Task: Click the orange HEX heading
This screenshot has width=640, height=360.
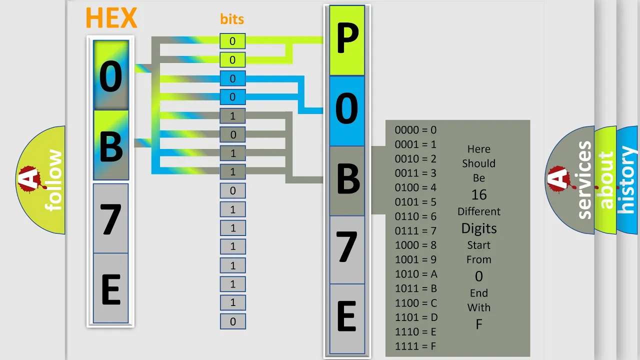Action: pos(111,17)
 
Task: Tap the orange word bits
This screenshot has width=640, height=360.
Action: pos(232,19)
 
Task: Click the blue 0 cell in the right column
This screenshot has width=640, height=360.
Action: pos(347,110)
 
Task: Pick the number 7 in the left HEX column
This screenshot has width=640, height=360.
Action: pos(111,218)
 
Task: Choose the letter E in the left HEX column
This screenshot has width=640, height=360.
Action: pos(111,288)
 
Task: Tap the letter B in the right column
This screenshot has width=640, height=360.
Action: pos(347,180)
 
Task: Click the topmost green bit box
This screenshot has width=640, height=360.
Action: pos(232,41)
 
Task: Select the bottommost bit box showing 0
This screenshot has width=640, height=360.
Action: pos(233,321)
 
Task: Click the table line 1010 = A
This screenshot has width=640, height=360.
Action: pos(416,274)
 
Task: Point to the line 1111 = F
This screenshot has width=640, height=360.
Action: pos(415,346)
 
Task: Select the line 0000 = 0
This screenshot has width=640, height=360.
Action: pos(415,130)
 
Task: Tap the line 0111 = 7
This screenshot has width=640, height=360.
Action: pos(415,231)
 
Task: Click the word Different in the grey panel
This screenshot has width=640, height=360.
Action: pos(479,211)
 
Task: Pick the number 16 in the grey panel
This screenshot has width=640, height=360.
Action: pos(479,195)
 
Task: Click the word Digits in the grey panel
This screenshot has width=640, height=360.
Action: pos(479,228)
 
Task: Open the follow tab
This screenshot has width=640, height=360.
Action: pos(41,180)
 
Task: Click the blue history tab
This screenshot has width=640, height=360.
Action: pos(627,180)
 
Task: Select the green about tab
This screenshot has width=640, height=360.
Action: pos(605,180)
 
